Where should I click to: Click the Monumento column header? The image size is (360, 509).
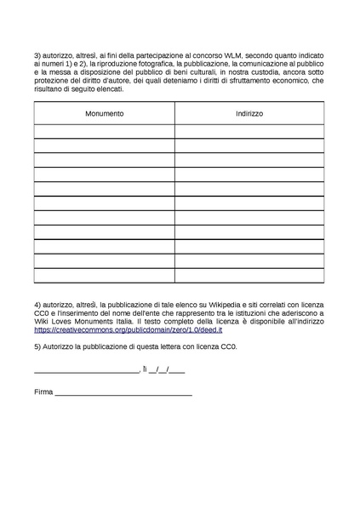(x=104, y=113)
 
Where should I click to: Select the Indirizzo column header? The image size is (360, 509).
(x=249, y=113)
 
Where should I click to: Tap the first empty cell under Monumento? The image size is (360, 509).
(x=104, y=131)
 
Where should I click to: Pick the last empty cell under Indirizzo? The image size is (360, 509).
(x=249, y=275)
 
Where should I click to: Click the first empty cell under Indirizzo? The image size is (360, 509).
(x=249, y=131)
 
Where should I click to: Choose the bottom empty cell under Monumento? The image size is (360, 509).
(x=104, y=275)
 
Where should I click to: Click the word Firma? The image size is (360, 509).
(x=43, y=392)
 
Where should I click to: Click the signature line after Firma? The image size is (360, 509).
(x=123, y=394)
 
